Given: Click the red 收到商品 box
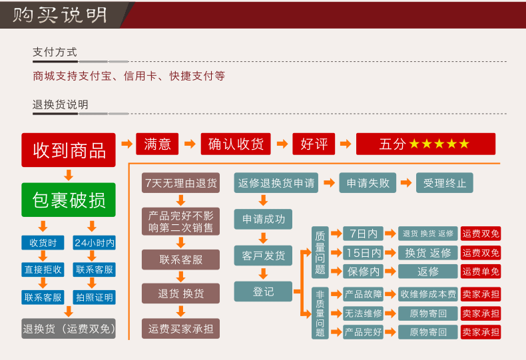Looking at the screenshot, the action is pos(69,150).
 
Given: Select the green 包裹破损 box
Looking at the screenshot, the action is pos(69,200).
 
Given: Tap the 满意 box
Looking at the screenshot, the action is pos(157,144).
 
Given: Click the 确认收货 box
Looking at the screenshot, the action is pos(236,144).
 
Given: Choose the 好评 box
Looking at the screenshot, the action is pos(314,144).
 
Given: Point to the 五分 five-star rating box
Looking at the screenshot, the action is pos(425,144).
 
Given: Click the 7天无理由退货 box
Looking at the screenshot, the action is pos(180,183).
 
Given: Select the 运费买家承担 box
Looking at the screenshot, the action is pos(180,328).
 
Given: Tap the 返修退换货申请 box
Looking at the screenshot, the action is pos(275,183).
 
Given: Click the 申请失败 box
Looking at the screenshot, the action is pos(368,183).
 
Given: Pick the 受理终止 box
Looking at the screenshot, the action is pos(445,183).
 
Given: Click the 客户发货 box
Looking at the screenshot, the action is pos(263,255).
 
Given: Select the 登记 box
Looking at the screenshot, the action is pos(263,291).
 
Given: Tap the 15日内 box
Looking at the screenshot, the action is pos(363,253).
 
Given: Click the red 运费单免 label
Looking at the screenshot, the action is pos(481,271).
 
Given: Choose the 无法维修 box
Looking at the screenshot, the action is pos(363,313).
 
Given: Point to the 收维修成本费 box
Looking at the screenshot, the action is pos(428,294).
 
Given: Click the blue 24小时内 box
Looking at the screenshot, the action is pos(94,243).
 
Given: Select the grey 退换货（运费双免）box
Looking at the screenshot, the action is pos(69,328).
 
